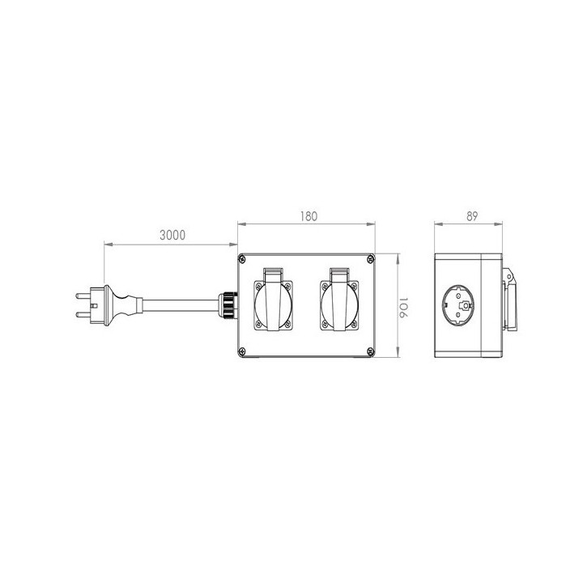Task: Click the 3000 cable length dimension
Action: pos(172,235)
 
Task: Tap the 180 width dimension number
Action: pos(309,216)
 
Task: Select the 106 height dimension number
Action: pos(404,307)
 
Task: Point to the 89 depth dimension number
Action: pos(472,216)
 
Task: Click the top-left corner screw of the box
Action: pos(242,259)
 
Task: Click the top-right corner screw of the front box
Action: pos(370,259)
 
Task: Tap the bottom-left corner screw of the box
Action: pos(242,351)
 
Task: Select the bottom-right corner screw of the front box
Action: pos(370,351)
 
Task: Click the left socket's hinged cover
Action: pos(274,299)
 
